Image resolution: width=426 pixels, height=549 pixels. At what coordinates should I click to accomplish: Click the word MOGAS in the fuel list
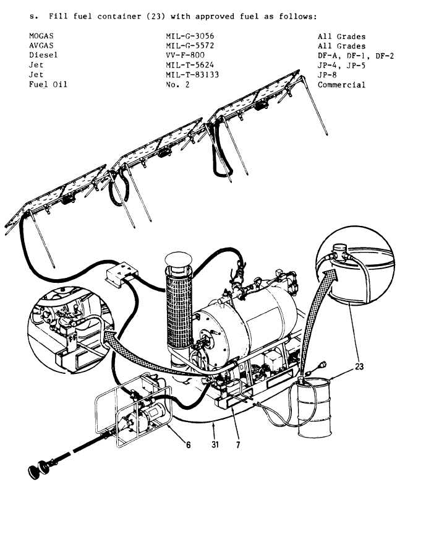click(41, 36)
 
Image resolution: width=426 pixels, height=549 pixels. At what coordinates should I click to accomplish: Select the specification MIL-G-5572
click(190, 46)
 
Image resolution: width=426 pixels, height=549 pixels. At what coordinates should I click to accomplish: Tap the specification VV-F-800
click(185, 55)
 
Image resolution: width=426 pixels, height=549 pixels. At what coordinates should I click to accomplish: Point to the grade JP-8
click(327, 74)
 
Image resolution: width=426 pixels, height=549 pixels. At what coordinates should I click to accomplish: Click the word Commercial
click(341, 85)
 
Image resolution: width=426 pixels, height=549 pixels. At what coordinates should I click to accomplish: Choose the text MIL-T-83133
click(192, 74)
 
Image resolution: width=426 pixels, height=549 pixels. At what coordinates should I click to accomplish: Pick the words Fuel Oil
click(48, 84)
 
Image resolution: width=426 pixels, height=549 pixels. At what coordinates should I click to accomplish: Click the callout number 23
click(359, 366)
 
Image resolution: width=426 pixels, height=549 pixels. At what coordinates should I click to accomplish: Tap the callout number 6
click(189, 444)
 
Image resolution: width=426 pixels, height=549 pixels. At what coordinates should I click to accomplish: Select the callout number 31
click(215, 444)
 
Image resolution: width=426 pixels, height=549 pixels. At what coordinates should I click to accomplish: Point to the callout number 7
click(238, 444)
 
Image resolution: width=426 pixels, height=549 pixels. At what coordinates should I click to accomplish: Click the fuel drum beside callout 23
click(313, 407)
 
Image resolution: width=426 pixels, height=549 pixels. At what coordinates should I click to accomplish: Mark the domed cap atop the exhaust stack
click(178, 259)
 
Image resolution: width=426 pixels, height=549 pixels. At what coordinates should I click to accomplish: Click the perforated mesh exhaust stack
click(179, 308)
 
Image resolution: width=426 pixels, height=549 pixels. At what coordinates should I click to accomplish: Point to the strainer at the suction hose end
click(39, 469)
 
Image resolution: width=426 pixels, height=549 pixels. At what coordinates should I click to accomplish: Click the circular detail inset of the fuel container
click(355, 265)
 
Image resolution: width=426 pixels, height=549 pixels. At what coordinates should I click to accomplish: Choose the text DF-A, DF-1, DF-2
click(356, 56)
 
